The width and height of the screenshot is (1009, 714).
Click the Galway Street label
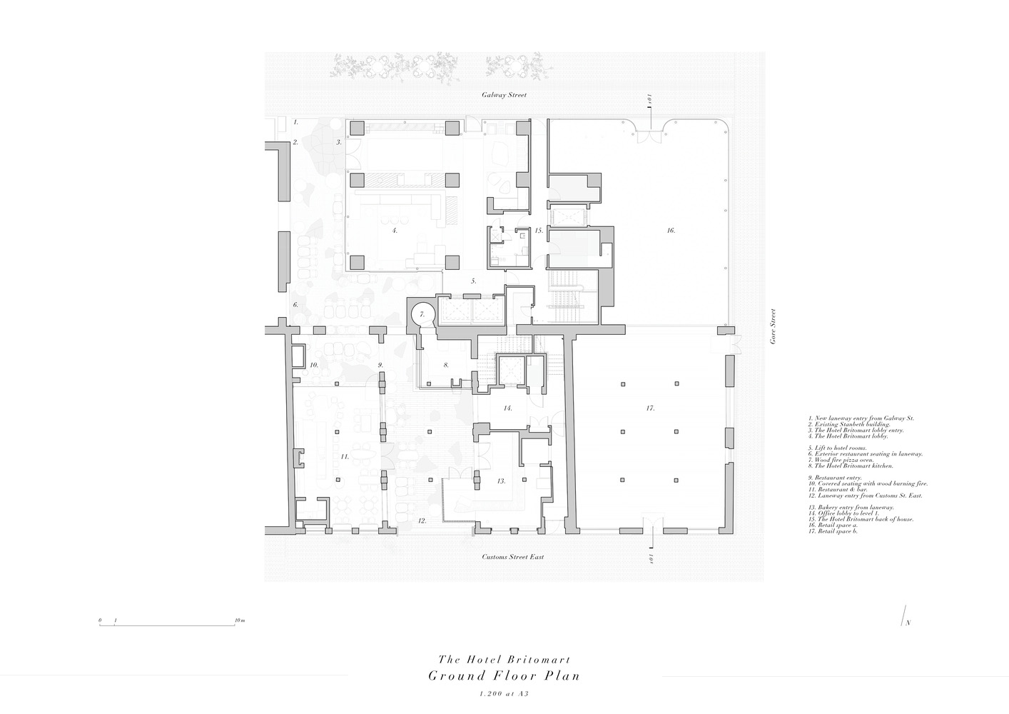[504, 95]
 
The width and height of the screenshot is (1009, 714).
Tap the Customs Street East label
[512, 556]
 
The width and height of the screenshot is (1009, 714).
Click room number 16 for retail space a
[671, 231]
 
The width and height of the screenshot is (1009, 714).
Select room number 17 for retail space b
[650, 408]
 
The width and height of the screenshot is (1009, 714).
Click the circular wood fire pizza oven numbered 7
[422, 313]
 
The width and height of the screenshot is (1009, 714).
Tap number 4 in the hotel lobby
[394, 231]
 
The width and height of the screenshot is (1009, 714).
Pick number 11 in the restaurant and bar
[344, 456]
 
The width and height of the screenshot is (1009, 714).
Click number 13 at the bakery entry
[502, 481]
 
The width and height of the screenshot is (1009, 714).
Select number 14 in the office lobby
[507, 408]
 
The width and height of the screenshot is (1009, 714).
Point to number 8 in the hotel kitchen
[445, 365]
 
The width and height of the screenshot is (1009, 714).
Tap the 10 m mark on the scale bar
[240, 621]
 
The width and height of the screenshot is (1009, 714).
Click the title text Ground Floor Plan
[504, 676]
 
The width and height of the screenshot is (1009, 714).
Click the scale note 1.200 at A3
[504, 693]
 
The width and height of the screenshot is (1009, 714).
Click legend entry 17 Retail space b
[833, 531]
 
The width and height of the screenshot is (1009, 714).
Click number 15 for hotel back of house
[539, 231]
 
